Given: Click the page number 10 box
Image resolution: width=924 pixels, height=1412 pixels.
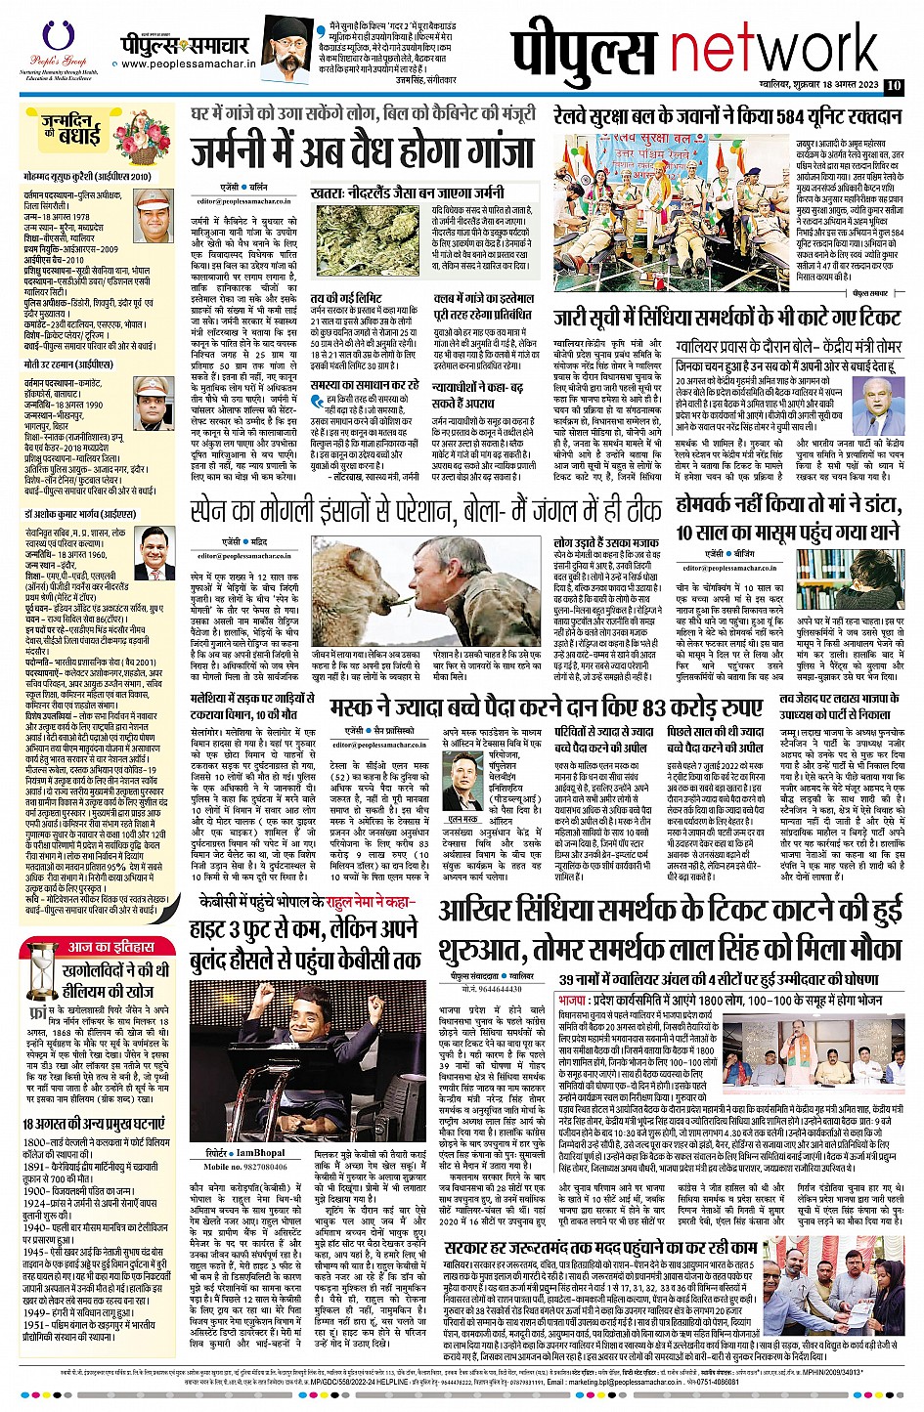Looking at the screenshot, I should [x=893, y=86].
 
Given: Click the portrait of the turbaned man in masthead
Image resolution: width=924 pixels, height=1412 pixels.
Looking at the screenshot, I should [x=290, y=49].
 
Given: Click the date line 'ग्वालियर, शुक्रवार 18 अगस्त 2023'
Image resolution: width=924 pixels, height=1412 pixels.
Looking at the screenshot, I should [x=813, y=86].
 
